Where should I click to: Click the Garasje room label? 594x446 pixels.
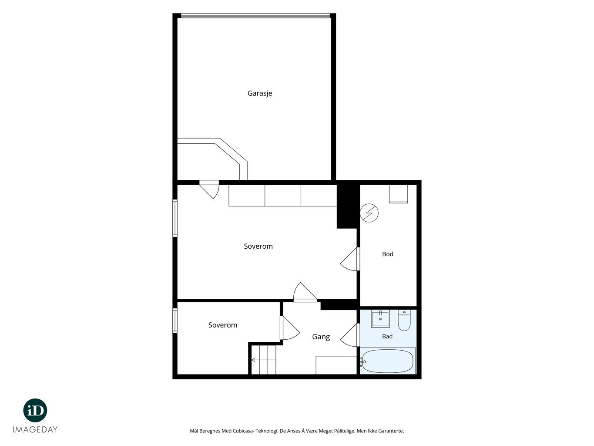pos(259,93)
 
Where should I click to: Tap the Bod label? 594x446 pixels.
pos(388,254)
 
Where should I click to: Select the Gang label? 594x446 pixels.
pos(321,337)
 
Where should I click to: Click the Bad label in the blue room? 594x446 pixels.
pos(387,336)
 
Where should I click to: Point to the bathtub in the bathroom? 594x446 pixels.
pos(387,361)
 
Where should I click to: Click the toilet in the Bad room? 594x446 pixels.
pos(404,321)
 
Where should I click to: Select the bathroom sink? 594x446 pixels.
pos(380,319)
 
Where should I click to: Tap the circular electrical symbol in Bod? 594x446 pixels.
pos(369,213)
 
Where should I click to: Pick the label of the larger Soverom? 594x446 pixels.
pos(258,247)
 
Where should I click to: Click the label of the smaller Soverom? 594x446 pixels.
pos(223,325)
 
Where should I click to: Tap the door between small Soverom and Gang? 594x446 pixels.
pos(290,328)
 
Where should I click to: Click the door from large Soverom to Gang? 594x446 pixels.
pos(305,292)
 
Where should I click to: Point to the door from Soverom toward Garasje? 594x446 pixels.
pos(209,189)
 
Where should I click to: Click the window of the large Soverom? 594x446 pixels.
pos(175,218)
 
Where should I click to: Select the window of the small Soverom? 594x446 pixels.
pos(175,321)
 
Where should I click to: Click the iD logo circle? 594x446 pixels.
pos(35,411)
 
